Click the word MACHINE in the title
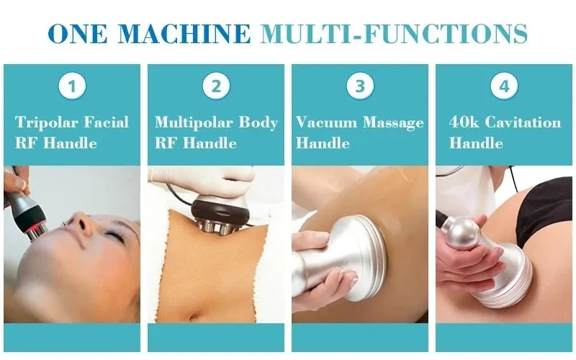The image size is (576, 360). point(184,33)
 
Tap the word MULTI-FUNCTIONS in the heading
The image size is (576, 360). point(394,33)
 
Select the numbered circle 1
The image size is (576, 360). point(72,86)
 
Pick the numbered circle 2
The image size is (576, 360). point(216,86)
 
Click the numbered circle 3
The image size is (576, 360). point(360,86)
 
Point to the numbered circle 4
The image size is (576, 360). point(504,86)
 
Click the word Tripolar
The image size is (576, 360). point(46,122)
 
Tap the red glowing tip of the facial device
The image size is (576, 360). point(30,230)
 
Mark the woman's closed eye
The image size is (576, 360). point(114,235)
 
